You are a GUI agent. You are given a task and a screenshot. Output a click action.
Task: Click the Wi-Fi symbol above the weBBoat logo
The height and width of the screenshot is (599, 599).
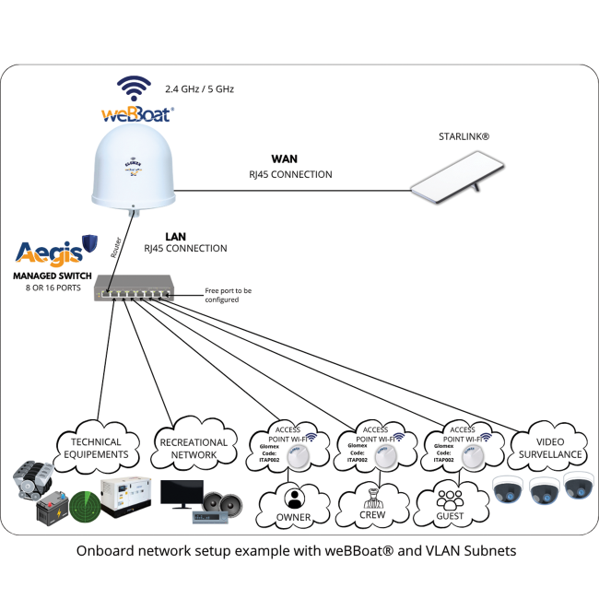click(133, 89)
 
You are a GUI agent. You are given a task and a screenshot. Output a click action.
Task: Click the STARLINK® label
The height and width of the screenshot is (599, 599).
click(464, 136)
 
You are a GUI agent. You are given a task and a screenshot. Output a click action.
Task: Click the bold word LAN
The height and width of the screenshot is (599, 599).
click(176, 236)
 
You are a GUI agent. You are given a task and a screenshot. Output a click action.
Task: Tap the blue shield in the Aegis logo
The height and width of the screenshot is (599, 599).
click(90, 243)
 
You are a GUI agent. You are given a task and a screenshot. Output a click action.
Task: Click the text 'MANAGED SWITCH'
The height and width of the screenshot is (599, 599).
click(51, 275)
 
